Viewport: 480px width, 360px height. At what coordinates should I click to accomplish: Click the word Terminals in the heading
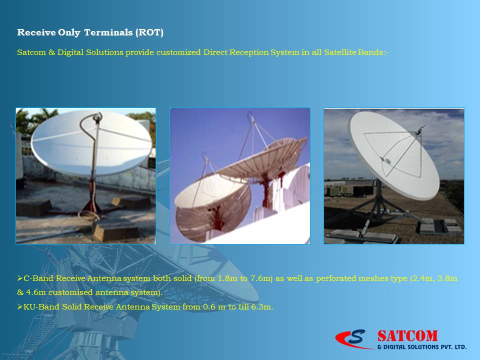[x=108, y=32]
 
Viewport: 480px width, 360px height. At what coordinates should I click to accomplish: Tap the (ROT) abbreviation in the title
[x=149, y=32]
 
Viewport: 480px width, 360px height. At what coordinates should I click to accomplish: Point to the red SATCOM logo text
[x=407, y=336]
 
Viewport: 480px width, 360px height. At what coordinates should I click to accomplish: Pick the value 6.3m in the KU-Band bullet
[x=262, y=306]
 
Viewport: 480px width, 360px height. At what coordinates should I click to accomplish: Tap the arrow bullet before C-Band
[x=20, y=278]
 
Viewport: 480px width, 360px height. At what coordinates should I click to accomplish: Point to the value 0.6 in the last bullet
[x=209, y=306]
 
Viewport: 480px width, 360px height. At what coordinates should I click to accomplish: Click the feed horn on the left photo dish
[x=98, y=117]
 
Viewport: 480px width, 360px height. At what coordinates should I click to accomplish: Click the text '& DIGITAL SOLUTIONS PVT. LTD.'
[x=422, y=347]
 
